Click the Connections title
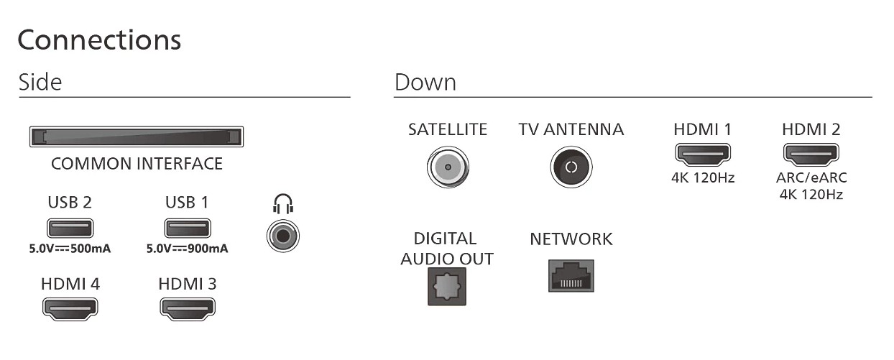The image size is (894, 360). (x=99, y=40)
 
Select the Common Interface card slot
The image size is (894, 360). (x=136, y=137)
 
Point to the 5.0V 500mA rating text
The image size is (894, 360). (x=70, y=249)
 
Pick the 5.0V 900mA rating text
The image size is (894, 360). (x=187, y=249)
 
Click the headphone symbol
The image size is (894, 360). (x=284, y=206)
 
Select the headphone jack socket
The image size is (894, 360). (x=284, y=236)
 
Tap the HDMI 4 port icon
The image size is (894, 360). (x=70, y=308)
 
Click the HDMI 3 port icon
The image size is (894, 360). (x=187, y=308)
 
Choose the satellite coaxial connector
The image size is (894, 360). (x=448, y=167)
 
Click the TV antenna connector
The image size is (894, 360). (x=571, y=167)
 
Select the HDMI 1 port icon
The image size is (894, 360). (x=702, y=154)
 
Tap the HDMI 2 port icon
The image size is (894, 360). (x=811, y=154)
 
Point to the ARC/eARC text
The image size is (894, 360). (x=811, y=178)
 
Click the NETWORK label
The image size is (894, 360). (x=571, y=239)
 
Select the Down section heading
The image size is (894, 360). (x=425, y=82)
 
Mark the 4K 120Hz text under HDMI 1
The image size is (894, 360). (x=702, y=177)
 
